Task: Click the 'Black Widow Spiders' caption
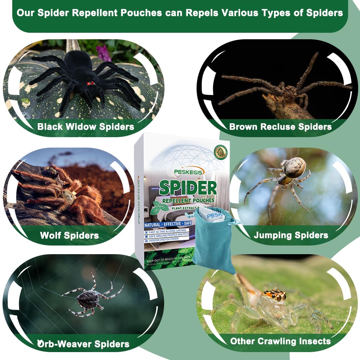[x=86, y=127]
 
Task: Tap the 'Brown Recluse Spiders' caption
[x=280, y=127]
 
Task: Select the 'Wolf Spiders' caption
[x=69, y=235]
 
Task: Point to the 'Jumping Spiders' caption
[x=291, y=235]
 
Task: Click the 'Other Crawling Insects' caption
[x=280, y=341]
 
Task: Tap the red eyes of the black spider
[x=90, y=83]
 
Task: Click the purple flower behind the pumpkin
[x=104, y=53]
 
